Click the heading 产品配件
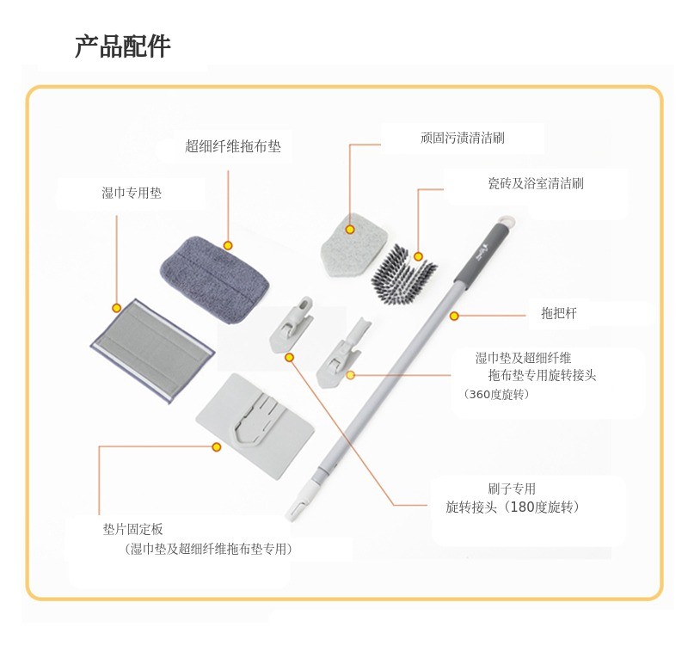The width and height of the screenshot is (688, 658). pos(122,46)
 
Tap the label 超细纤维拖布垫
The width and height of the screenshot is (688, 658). pos(232,146)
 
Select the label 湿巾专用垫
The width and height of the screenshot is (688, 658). pos(132,193)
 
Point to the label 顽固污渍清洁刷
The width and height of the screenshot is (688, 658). pos(463,138)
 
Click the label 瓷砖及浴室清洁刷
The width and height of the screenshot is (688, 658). pos(536,183)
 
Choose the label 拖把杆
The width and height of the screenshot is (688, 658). pos(558,313)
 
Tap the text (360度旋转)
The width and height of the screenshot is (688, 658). pos(496,394)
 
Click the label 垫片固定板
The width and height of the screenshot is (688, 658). pos(133,529)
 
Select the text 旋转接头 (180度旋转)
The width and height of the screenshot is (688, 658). pos(512,507)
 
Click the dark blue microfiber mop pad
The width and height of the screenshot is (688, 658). pos(214,280)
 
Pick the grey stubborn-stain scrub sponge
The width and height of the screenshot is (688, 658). pos(354,245)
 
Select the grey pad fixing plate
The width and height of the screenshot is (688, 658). pos(255,426)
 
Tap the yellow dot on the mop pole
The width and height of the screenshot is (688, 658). pos(454,316)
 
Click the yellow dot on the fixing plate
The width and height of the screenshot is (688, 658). pos(217,447)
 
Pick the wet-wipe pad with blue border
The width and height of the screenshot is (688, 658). pos(153,351)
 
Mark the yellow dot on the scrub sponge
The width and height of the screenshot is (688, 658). pos(350,230)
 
